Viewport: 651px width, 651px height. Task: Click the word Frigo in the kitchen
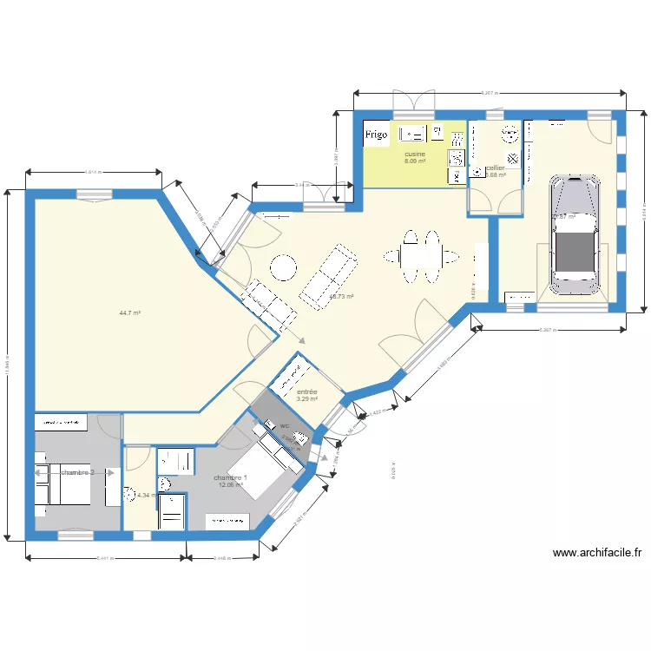[x=376, y=135]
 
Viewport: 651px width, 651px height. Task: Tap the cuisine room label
[x=415, y=154]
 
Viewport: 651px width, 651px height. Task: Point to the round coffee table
[x=283, y=267]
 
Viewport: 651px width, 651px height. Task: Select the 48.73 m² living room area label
[x=341, y=296]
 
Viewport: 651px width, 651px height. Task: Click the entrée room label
[x=306, y=392]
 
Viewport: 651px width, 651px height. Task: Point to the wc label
[x=284, y=426]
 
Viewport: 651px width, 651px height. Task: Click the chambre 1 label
[x=231, y=477]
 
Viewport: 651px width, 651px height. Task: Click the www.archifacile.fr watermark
[x=596, y=553]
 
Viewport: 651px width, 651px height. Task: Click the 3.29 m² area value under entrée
[x=306, y=400]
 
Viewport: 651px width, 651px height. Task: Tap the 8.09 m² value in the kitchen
[x=415, y=161]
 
